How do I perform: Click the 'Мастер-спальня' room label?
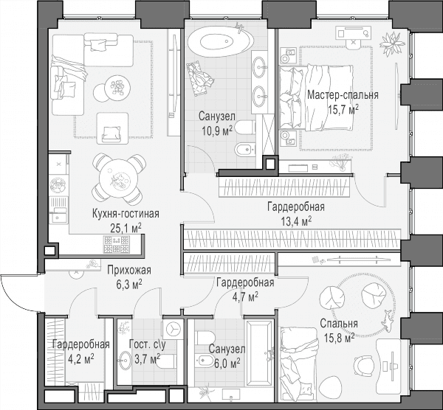point(343,95)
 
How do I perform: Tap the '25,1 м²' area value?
point(126,228)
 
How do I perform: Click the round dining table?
point(119,178)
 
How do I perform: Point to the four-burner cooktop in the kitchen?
point(117,245)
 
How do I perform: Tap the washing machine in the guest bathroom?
point(173,329)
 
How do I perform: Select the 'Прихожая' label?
point(129,271)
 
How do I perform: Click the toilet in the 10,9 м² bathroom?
point(245,128)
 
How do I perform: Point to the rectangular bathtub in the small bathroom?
point(259,352)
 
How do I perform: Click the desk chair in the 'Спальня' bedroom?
point(364,366)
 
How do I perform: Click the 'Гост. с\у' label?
point(147,344)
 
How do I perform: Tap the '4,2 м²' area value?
point(81,359)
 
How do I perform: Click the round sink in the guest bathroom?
point(126,361)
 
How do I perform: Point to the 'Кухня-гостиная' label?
point(126,214)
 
